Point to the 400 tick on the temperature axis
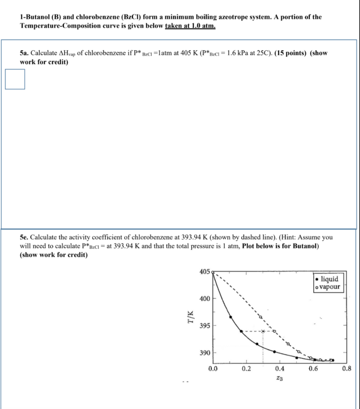(x=204, y=299)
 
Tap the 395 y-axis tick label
(x=204, y=326)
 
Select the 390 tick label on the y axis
(x=204, y=353)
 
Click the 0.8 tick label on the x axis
(x=346, y=369)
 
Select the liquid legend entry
(x=326, y=279)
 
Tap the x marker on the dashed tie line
(x=263, y=331)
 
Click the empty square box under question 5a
(x=15, y=79)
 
